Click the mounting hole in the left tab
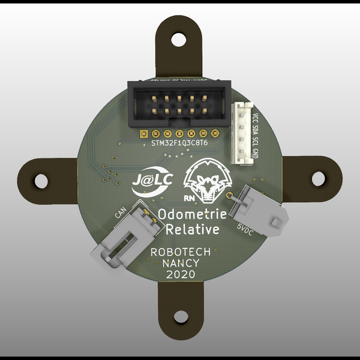tap(41, 179)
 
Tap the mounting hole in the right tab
tap(318, 179)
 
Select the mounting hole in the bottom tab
tap(179, 318)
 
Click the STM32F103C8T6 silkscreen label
tap(179, 143)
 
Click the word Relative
tap(192, 229)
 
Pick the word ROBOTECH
tap(181, 253)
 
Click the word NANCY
tap(181, 264)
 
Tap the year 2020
tap(181, 275)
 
